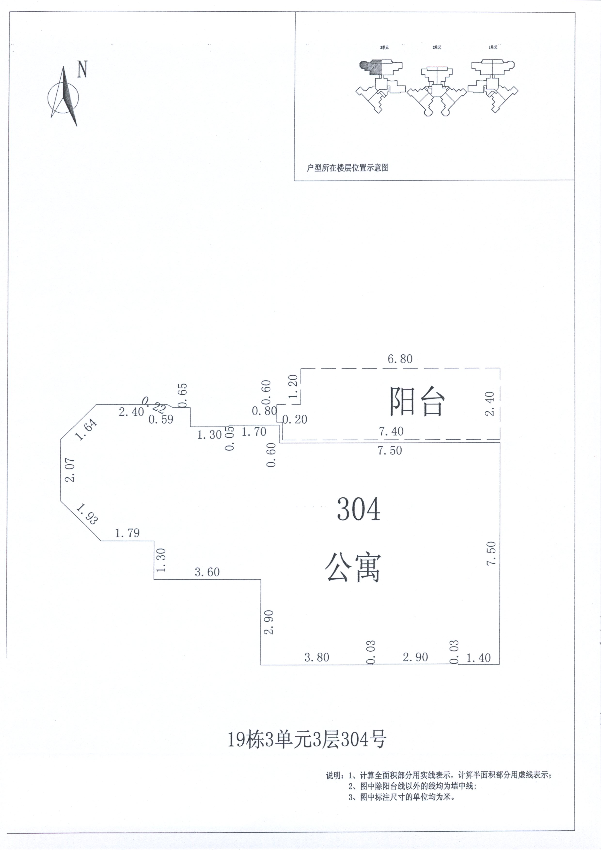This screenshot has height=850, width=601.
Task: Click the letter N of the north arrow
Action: click(x=82, y=69)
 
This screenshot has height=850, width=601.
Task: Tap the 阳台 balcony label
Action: click(x=416, y=402)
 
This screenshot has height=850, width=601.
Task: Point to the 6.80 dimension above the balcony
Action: click(x=400, y=359)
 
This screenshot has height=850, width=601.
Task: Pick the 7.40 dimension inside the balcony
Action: click(x=391, y=431)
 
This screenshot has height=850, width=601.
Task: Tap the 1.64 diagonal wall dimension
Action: click(x=86, y=429)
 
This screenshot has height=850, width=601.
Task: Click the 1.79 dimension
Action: click(x=127, y=533)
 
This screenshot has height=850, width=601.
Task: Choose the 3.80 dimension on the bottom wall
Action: click(x=317, y=657)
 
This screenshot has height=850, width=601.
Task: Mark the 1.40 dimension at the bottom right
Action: click(x=478, y=658)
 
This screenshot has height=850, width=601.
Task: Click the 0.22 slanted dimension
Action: click(x=154, y=405)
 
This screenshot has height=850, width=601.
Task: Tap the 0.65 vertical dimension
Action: click(x=183, y=395)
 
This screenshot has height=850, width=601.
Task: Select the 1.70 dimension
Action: click(x=254, y=432)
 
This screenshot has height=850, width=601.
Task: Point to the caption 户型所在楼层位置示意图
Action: click(x=347, y=168)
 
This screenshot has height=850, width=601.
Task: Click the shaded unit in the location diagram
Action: click(x=371, y=67)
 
